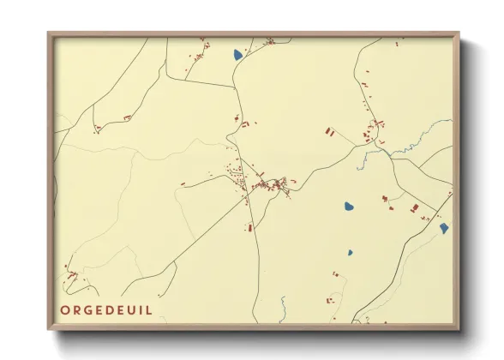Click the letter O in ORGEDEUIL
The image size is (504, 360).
coord(65,309)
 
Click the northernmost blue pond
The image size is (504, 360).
coord(238,55)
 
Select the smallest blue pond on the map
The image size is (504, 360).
coord(350,253)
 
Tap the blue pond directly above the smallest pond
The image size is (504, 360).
coord(349,207)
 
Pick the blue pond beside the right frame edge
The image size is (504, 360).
coord(443,228)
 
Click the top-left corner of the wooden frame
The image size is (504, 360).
coord(49,34)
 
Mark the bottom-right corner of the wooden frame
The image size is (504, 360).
coord(458,327)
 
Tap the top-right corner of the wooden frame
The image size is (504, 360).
coord(458,34)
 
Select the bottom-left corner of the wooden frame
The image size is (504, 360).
coord(49,327)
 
